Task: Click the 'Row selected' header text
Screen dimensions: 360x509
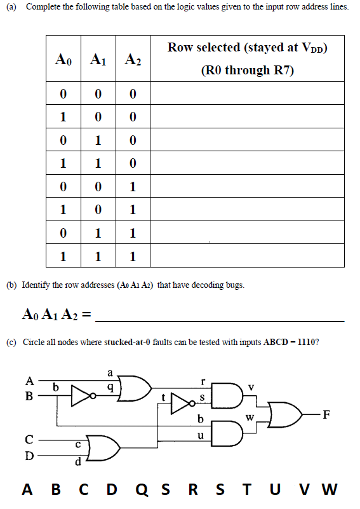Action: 247,48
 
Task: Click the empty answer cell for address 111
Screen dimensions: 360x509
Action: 247,257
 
